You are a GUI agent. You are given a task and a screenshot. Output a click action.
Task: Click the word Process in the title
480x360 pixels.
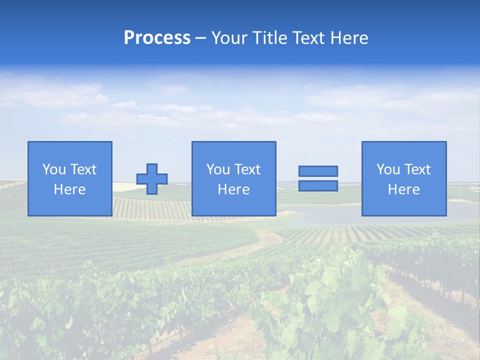pyautogui.click(x=157, y=38)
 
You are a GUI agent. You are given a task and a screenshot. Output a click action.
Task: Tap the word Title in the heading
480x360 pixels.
pyautogui.click(x=269, y=38)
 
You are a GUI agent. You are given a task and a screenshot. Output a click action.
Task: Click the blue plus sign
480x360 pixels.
pyautogui.click(x=152, y=179)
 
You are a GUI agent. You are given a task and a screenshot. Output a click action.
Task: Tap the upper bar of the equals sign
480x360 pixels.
pyautogui.click(x=318, y=171)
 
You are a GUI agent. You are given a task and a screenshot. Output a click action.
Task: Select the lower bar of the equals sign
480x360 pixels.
pyautogui.click(x=318, y=185)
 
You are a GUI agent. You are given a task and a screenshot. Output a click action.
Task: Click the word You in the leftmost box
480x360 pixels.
pyautogui.click(x=54, y=169)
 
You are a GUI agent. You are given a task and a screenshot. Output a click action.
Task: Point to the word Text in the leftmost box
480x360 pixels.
pyautogui.click(x=83, y=169)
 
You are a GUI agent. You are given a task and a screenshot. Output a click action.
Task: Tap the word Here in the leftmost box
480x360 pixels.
pyautogui.click(x=69, y=189)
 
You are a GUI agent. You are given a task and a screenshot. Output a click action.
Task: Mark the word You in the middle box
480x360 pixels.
pyautogui.click(x=218, y=169)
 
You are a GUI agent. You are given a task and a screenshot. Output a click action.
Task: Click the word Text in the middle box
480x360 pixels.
pyautogui.click(x=247, y=169)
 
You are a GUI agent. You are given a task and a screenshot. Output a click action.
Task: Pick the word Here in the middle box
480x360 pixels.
pyautogui.click(x=233, y=189)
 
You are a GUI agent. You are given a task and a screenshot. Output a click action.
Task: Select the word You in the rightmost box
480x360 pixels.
pyautogui.click(x=388, y=169)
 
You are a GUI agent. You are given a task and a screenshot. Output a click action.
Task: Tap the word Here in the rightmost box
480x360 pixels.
pyautogui.click(x=403, y=189)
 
